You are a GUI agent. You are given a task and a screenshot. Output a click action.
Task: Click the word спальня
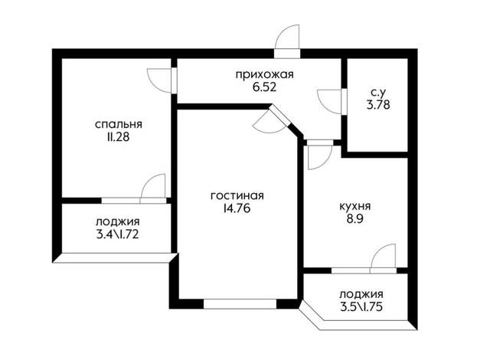119,124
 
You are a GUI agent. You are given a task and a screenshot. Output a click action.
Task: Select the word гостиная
237,196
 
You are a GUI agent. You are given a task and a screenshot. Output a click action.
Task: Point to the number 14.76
237,208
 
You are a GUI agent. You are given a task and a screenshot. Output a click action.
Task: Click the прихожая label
265,75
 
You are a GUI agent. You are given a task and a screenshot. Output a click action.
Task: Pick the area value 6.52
265,87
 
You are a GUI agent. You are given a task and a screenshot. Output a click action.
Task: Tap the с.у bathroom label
378,93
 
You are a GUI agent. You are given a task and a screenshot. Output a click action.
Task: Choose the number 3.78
378,105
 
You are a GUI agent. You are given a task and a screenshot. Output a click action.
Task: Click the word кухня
354,207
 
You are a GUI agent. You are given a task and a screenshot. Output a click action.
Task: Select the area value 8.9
354,219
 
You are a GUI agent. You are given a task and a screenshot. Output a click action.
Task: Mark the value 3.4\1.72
117,234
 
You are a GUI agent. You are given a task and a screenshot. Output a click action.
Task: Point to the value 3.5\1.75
361,307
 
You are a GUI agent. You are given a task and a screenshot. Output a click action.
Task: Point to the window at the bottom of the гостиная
240,304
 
